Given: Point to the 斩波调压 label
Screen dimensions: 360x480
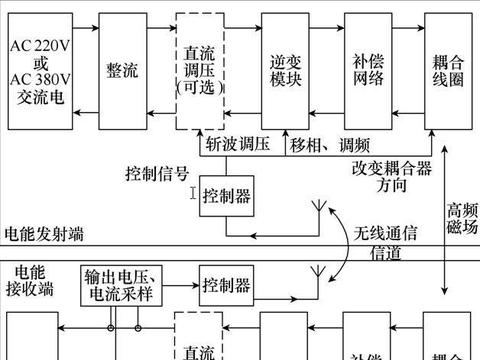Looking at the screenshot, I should pyautogui.click(x=238, y=143).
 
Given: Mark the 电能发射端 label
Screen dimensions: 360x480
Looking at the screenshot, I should pyautogui.click(x=44, y=235).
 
